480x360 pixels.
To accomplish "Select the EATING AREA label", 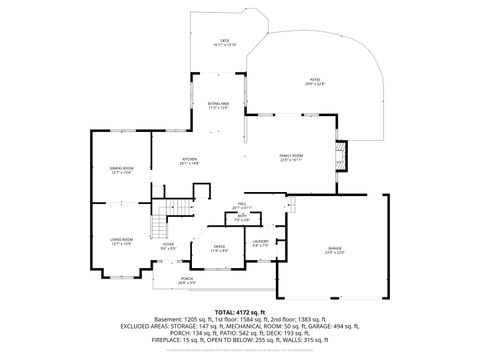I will point(219,104).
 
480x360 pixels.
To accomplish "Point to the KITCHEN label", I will point(189,159).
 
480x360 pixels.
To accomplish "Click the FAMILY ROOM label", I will point(291,156).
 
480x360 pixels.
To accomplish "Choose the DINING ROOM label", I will point(122,168).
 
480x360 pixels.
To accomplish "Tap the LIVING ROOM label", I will point(122,239).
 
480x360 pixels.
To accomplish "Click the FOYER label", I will point(169,243).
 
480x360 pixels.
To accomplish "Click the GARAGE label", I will point(334,248).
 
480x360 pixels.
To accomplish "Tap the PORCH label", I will point(187,279).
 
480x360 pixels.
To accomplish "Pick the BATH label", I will point(241,216).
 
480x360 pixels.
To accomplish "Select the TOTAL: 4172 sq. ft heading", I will point(239,312).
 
